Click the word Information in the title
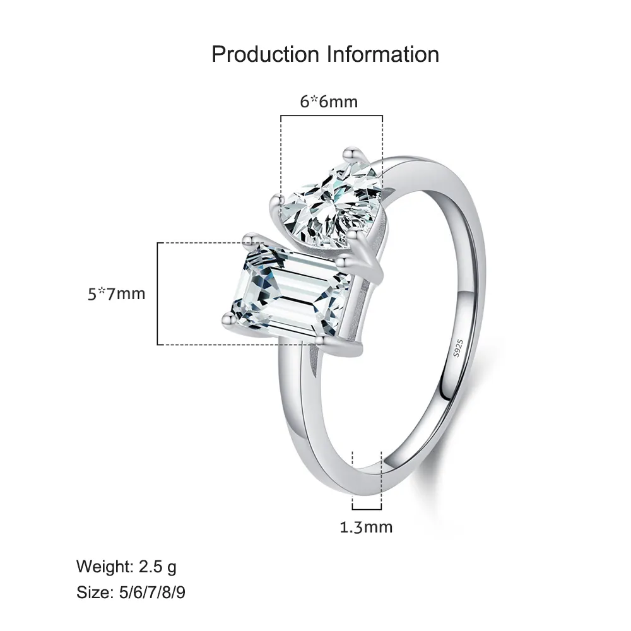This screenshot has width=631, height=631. (x=382, y=54)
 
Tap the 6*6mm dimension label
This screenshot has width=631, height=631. (x=328, y=101)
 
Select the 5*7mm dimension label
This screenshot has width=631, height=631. (x=117, y=294)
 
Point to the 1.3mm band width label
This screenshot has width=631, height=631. (x=366, y=526)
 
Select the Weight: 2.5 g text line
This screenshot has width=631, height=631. (x=126, y=566)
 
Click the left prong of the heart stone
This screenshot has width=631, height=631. (x=276, y=202)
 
